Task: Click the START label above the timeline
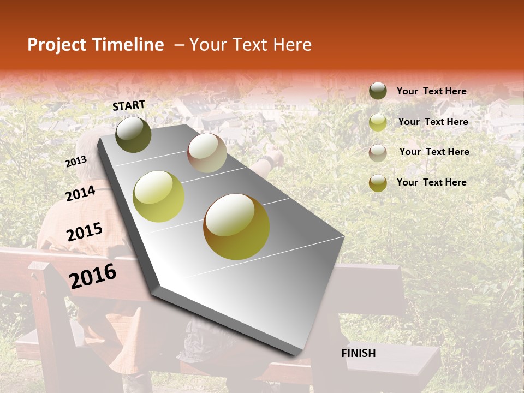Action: (x=129, y=105)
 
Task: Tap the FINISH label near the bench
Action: (x=359, y=353)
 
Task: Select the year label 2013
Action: (x=76, y=161)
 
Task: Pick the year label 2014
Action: (x=81, y=193)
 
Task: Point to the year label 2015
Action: (x=85, y=232)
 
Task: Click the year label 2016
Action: (x=93, y=276)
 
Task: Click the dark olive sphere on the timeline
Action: (x=133, y=134)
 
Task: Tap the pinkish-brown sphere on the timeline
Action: (x=207, y=153)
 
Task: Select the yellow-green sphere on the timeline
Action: (x=159, y=196)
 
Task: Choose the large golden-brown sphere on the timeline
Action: (x=236, y=227)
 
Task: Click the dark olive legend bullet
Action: (x=378, y=91)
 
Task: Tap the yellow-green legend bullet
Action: (x=378, y=122)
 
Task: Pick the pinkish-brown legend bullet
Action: (x=378, y=152)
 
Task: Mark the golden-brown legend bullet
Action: (x=378, y=183)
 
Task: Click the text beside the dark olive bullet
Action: (x=431, y=91)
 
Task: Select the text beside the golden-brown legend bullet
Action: (x=431, y=182)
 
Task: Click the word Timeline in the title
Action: (x=128, y=45)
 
